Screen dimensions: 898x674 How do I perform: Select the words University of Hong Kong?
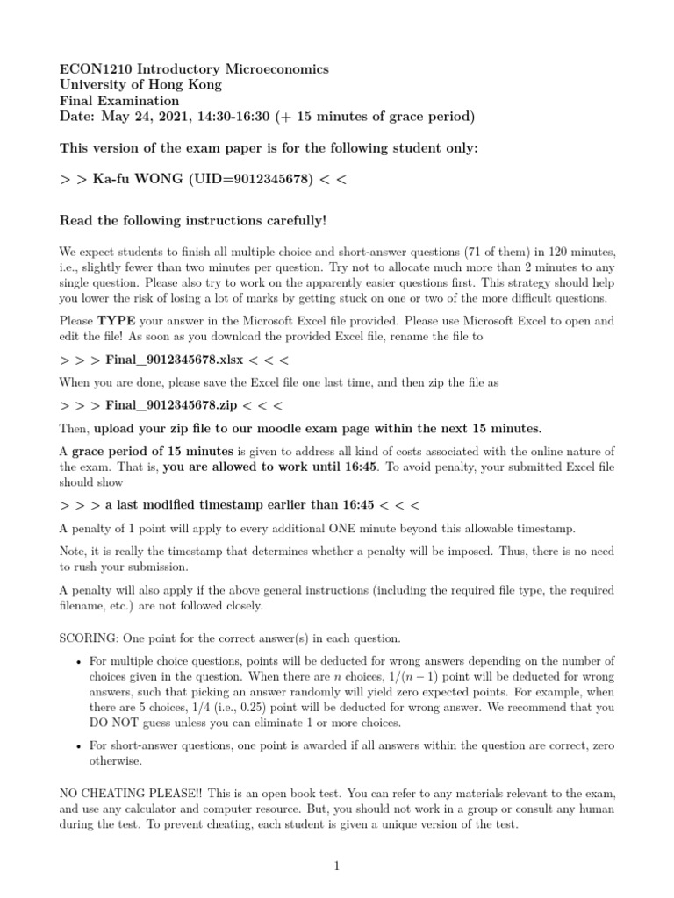(140, 85)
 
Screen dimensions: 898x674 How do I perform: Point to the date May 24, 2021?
(145, 117)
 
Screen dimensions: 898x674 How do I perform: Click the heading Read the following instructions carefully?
(192, 219)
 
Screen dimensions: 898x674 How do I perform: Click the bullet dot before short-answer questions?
(79, 745)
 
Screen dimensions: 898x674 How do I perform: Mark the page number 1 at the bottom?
(336, 866)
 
